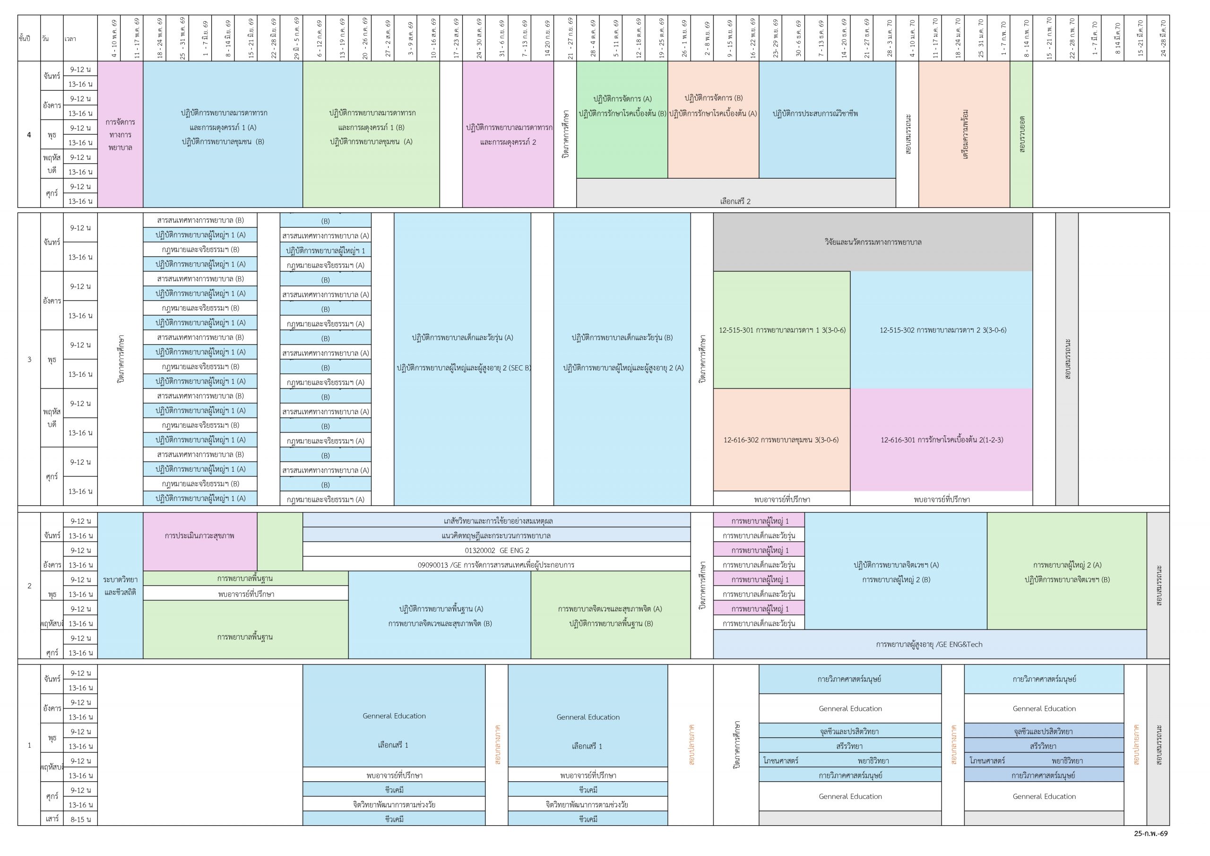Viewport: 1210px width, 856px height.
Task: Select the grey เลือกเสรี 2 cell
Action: click(x=735, y=201)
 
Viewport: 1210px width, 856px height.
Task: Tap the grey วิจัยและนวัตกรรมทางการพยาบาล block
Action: click(x=872, y=242)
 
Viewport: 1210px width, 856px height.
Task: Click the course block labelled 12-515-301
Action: click(x=782, y=330)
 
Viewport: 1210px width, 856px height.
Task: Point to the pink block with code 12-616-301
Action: click(x=941, y=440)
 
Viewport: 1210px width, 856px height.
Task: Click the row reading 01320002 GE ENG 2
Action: click(x=496, y=550)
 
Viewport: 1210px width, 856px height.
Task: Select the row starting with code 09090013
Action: click(x=496, y=565)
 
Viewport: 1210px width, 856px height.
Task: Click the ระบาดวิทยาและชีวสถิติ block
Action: click(x=120, y=586)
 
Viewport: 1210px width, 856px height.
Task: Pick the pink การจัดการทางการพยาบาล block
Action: click(x=120, y=134)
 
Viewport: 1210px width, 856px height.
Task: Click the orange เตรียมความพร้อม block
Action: click(x=964, y=134)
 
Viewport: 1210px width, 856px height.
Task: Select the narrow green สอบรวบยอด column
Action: click(x=1021, y=134)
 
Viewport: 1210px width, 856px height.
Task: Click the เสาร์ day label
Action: click(x=52, y=819)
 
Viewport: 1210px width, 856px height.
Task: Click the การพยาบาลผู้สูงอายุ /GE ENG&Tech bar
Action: click(x=929, y=644)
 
